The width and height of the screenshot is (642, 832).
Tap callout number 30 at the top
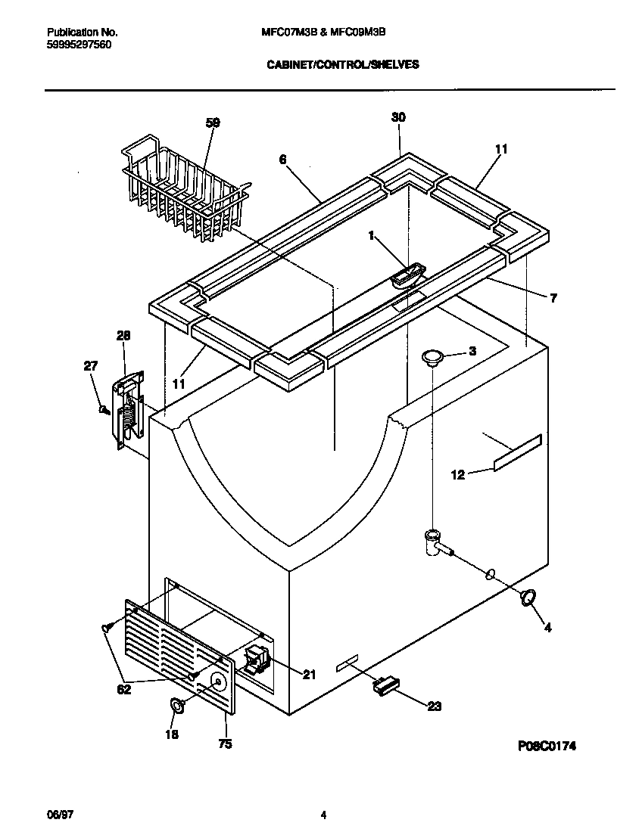398,116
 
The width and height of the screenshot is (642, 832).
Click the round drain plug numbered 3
432,357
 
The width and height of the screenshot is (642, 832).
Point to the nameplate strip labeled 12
518,452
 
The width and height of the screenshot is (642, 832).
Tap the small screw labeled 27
104,409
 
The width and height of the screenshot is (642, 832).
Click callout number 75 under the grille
225,744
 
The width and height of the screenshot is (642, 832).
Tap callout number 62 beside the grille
123,689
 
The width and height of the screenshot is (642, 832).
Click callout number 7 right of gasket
553,299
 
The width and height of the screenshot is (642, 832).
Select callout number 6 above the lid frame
282,159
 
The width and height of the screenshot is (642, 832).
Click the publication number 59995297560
78,45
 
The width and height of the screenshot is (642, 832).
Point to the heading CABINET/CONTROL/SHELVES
343,65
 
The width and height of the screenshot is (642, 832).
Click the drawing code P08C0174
547,746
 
